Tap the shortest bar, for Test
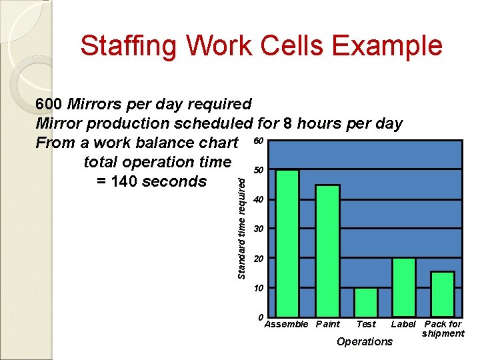[x=365, y=297]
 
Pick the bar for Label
[x=403, y=283]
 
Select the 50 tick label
[x=259, y=171]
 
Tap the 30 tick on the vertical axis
[x=259, y=229]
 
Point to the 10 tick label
[x=259, y=288]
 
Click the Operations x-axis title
[x=365, y=342]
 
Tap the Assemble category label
[x=286, y=325]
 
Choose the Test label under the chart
[x=366, y=325]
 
